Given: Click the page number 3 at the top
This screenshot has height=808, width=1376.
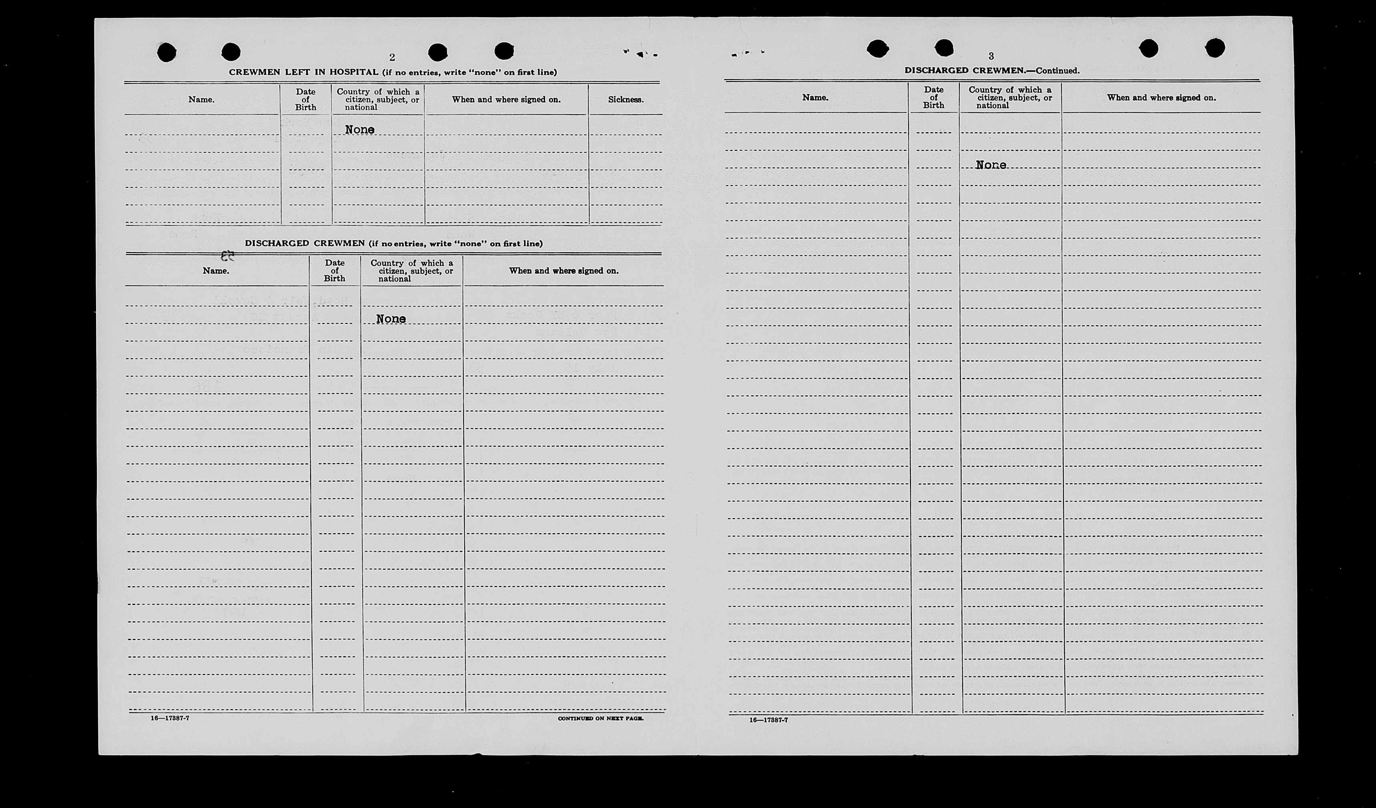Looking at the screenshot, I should point(991,56).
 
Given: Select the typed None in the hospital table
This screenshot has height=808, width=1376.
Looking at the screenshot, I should point(360,130).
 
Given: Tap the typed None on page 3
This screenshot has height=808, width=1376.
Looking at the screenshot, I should point(991,165).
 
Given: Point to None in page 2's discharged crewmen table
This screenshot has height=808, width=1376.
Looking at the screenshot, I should point(391,319).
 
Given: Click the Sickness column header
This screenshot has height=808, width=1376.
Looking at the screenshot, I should point(626,100).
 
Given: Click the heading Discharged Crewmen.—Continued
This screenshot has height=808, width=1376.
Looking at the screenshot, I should point(992,70).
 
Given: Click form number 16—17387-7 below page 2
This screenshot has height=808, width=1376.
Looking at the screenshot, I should point(170,718).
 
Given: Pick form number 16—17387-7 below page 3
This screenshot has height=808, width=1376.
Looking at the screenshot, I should point(768,720).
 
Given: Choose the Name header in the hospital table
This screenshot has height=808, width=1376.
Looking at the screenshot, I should point(201,100).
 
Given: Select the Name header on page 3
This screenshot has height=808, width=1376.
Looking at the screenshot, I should point(815,98).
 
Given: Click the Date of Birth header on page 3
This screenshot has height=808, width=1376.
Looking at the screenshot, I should point(933,98).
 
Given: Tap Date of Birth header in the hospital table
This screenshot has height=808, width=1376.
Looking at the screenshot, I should point(305,100).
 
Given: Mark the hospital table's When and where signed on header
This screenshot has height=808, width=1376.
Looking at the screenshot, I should point(506,100).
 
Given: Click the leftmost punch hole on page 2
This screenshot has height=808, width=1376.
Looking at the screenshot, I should point(166,53).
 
